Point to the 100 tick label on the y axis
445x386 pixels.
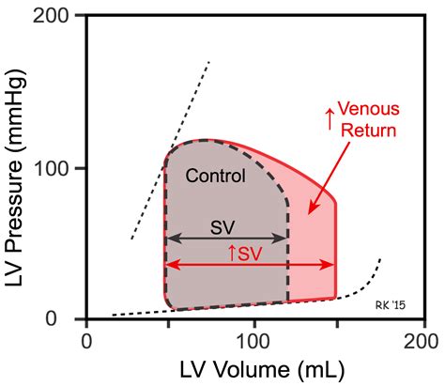click(59, 169)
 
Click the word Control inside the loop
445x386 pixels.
click(215, 176)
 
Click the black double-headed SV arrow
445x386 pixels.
click(225, 239)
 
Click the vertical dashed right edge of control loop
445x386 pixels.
click(287, 254)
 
